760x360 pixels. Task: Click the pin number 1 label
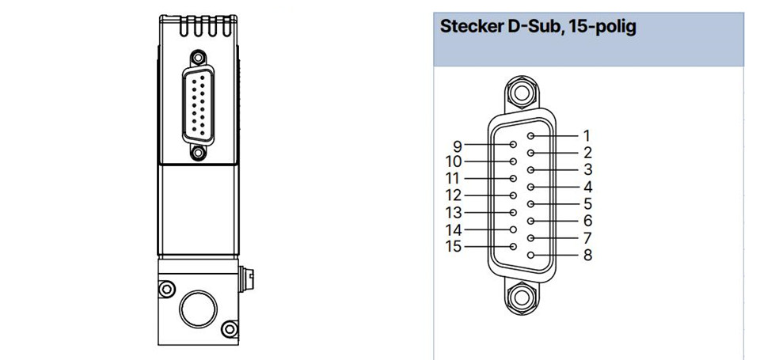[587, 135]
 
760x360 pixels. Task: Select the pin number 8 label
[587, 255]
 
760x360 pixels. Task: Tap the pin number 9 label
[458, 145]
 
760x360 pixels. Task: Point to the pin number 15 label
[454, 247]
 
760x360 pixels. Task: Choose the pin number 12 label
[454, 195]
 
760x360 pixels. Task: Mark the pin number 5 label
[587, 203]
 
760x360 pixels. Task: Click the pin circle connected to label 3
[530, 170]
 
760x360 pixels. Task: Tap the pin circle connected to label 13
[513, 212]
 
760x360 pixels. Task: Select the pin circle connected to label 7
[530, 238]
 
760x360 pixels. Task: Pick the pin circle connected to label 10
[513, 161]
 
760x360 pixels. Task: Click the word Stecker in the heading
[471, 27]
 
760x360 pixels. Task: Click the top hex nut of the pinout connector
[522, 93]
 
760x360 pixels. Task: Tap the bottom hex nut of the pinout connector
[522, 297]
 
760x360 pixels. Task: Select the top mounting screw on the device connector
[197, 58]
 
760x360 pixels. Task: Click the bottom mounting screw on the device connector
[197, 153]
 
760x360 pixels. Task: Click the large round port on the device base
[198, 309]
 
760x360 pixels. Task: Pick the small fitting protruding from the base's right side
[246, 279]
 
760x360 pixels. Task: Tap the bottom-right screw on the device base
[230, 329]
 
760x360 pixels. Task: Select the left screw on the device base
[166, 290]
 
